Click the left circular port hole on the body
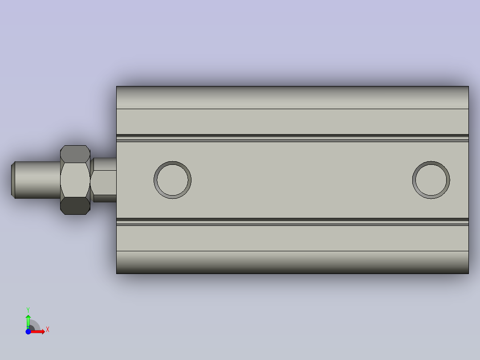(x=173, y=180)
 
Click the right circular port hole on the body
(x=431, y=180)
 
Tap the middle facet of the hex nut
(x=75, y=180)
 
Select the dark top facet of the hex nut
(x=75, y=154)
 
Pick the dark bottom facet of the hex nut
(x=75, y=206)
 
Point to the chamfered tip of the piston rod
(x=13, y=180)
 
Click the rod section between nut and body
(x=105, y=180)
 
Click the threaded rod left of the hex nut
(x=38, y=180)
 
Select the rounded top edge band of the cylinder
(x=292, y=97)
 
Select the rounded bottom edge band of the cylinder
(x=292, y=262)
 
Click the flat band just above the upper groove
(x=292, y=121)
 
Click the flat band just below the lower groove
(x=292, y=238)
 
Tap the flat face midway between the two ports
(x=302, y=180)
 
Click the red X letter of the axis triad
(x=48, y=330)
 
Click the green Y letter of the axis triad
(x=28, y=309)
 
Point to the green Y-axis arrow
(x=28, y=320)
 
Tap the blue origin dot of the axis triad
(x=28, y=331)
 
